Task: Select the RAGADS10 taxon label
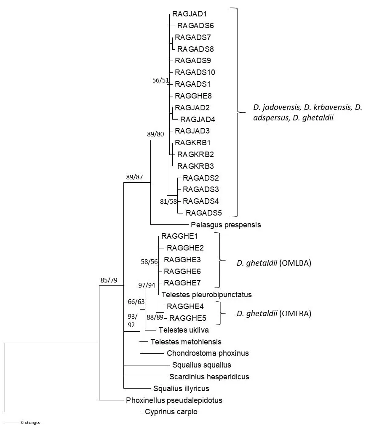(195, 72)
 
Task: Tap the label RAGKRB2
(195, 154)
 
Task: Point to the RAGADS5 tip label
(204, 213)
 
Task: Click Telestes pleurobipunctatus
(206, 294)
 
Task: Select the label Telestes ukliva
(184, 330)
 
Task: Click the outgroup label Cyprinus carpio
(171, 412)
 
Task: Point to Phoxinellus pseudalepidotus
(174, 400)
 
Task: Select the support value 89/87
(135, 177)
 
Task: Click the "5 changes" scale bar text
(30, 422)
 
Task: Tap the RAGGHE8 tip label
(193, 96)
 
